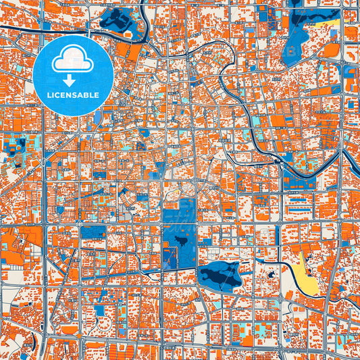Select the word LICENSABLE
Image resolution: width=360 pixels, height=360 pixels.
[73, 95]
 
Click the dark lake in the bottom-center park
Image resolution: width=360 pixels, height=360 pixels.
[220, 274]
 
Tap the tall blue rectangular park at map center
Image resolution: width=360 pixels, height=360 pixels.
[179, 236]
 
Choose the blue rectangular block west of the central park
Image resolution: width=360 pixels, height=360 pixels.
[94, 232]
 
